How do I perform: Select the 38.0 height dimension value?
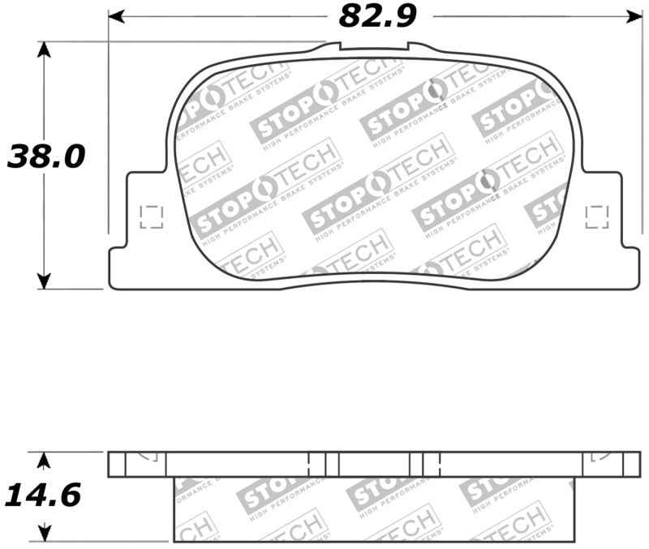pyautogui.click(x=46, y=156)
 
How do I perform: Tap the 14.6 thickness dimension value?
pyautogui.click(x=44, y=494)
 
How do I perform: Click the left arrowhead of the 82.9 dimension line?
pyautogui.click(x=116, y=15)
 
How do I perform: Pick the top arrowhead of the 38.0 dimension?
pyautogui.click(x=45, y=49)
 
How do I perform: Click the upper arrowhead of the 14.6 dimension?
pyautogui.click(x=45, y=460)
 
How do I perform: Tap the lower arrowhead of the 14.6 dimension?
pyautogui.click(x=45, y=534)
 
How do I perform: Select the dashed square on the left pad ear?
pyautogui.click(x=151, y=217)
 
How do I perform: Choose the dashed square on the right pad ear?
pyautogui.click(x=598, y=216)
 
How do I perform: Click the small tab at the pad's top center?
pyautogui.click(x=375, y=47)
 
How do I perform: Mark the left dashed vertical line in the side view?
pyautogui.click(x=310, y=464)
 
